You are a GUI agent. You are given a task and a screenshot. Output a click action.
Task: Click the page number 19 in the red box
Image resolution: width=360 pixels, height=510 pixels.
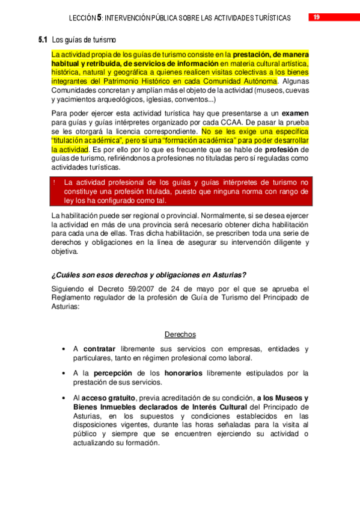coord(316,17)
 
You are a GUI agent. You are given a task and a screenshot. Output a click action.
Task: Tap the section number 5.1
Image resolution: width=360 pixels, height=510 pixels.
coord(43,40)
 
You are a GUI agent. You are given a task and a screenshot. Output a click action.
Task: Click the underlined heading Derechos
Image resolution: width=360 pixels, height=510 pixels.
coord(180,334)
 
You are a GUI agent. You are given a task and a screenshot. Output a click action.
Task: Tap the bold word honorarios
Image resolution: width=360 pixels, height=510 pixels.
coord(183,373)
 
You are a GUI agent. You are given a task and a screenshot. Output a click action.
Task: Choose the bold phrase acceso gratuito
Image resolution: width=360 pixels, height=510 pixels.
coord(109,398)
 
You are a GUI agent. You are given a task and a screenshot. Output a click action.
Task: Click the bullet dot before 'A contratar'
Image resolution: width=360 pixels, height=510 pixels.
coord(64,349)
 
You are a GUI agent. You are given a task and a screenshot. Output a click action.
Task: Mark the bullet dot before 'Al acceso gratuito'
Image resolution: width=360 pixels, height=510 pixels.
coord(64,398)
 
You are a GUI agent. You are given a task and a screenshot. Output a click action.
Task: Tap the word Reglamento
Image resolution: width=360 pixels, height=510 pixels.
coord(73,297)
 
